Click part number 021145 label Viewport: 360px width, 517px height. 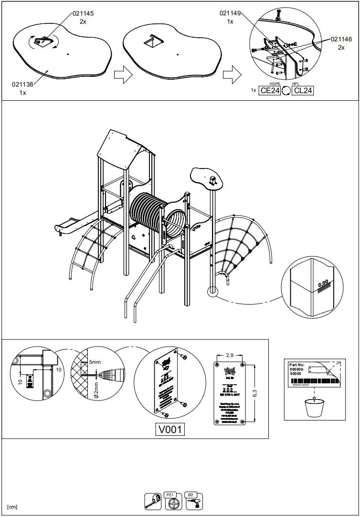(x=83, y=14)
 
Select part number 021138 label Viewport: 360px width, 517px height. (x=22, y=84)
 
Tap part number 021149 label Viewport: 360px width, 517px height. (x=230, y=14)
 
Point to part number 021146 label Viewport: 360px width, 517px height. (x=341, y=40)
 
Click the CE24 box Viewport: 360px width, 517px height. (x=269, y=91)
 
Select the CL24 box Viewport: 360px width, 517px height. (x=303, y=91)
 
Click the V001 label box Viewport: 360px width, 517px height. (x=170, y=430)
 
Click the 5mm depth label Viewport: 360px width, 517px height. (x=95, y=362)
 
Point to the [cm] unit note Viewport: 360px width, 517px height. (x=12, y=507)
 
